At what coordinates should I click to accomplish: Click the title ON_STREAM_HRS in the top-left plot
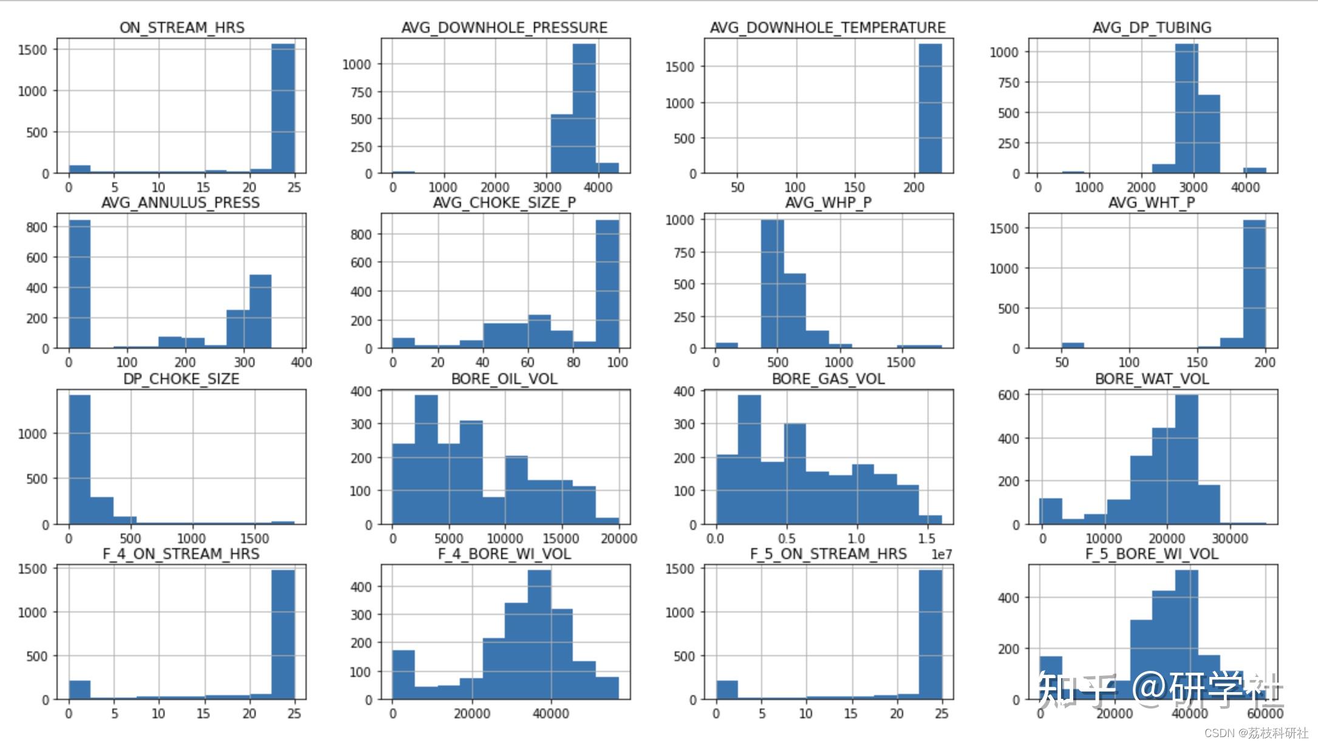pyautogui.click(x=182, y=27)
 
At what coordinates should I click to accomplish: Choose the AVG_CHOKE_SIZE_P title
pyautogui.click(x=504, y=202)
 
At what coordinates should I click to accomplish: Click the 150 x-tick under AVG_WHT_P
pyautogui.click(x=1197, y=362)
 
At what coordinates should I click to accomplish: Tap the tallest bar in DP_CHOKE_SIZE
pyautogui.click(x=80, y=459)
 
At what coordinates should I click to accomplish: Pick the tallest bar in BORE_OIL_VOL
pyautogui.click(x=426, y=459)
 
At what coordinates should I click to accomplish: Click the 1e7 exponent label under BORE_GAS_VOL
pyautogui.click(x=941, y=554)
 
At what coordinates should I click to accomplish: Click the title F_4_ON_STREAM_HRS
pyautogui.click(x=181, y=554)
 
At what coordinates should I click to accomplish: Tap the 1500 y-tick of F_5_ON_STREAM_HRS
pyautogui.click(x=682, y=569)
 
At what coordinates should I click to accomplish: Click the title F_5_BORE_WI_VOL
pyautogui.click(x=1152, y=554)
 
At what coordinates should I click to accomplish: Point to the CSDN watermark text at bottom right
pyautogui.click(x=1255, y=733)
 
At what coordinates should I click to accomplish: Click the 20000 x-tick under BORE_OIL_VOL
pyautogui.click(x=619, y=538)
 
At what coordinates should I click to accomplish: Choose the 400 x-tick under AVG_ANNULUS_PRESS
pyautogui.click(x=301, y=362)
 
